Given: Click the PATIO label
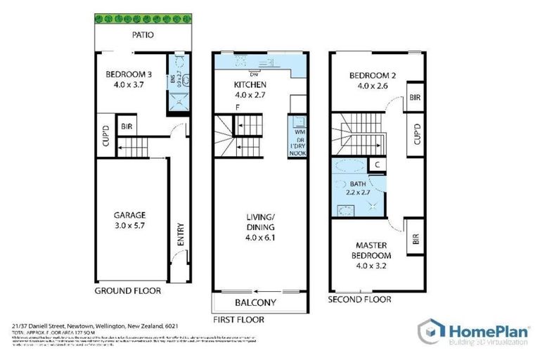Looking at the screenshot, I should pyautogui.click(x=142, y=34).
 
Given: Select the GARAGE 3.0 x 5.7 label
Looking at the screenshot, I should pyautogui.click(x=131, y=221).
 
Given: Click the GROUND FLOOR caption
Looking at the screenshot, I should pyautogui.click(x=127, y=290).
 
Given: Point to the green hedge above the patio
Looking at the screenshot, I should pyautogui.click(x=142, y=16).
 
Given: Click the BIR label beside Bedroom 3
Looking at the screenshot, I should pyautogui.click(x=128, y=127).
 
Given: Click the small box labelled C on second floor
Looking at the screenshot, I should pyautogui.click(x=378, y=166).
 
